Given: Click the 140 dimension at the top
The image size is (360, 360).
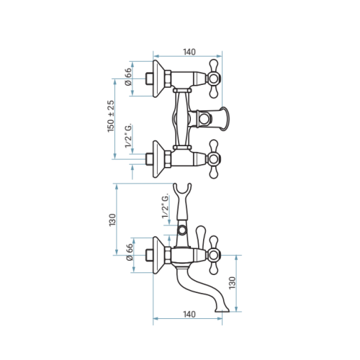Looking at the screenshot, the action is tap(189, 52).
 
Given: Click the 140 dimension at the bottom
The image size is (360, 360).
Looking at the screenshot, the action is tap(189, 314).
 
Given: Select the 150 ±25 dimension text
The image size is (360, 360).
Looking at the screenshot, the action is tap(111, 116).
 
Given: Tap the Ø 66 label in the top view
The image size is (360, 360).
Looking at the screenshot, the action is tap(128, 76).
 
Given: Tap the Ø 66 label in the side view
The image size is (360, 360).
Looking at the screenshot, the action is tap(130, 252).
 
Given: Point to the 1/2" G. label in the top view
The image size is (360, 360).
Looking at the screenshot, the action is tap(128, 136).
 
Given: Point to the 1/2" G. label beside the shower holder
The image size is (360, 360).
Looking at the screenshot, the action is tap(166, 207).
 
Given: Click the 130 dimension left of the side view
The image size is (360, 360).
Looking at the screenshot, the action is tap(112, 220).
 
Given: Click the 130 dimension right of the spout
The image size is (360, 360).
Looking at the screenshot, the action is tap(233, 283).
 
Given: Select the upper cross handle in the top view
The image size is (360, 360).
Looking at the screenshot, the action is tap(213, 78).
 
